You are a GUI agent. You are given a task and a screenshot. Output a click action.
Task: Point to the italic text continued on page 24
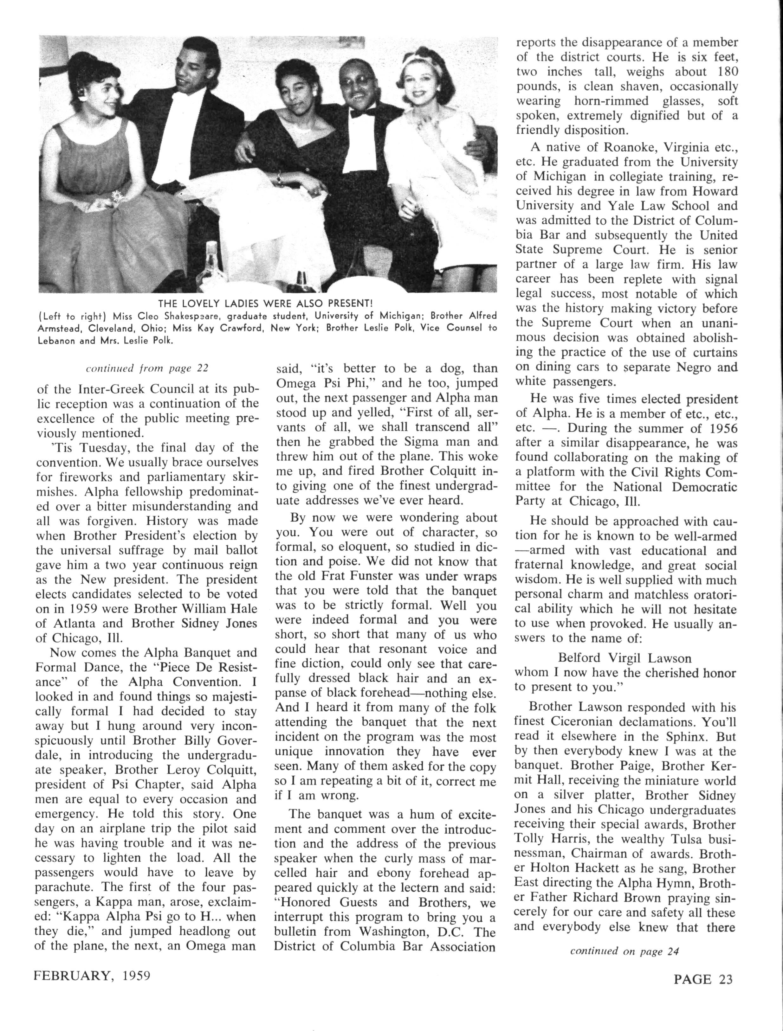pos(624,951)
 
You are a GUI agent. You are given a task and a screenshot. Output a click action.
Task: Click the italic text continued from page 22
pos(147,368)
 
